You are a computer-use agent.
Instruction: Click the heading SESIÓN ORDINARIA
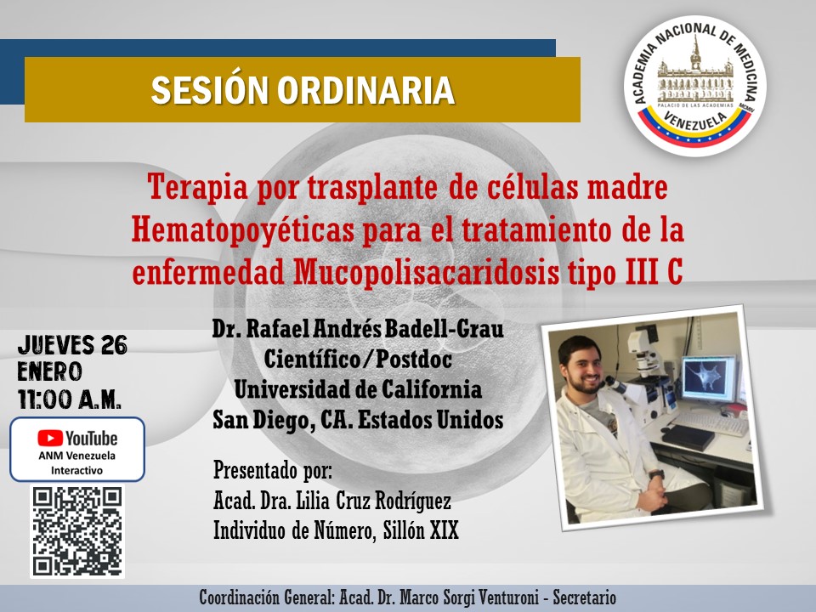point(302,91)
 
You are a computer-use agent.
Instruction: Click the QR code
point(77,531)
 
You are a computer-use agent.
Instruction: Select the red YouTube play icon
point(50,439)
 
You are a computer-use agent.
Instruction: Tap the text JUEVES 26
point(72,345)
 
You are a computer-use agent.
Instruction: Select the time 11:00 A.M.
point(69,398)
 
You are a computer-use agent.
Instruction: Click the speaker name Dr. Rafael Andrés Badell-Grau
point(358,329)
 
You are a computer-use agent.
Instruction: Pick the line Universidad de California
point(358,390)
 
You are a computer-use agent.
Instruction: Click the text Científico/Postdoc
point(358,360)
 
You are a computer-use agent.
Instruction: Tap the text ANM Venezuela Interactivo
point(77,462)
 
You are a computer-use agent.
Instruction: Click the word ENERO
point(49,371)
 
